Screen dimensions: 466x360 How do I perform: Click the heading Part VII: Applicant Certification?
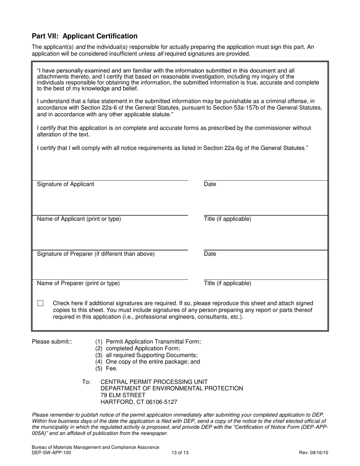[85, 36]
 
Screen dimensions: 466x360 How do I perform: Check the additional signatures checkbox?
[41, 303]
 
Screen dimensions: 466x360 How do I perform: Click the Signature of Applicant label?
[66, 184]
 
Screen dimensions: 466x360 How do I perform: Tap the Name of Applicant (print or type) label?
[79, 219]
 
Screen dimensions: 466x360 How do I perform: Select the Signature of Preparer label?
[95, 254]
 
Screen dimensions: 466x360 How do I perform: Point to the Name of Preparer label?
[78, 283]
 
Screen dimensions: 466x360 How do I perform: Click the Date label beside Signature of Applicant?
[210, 184]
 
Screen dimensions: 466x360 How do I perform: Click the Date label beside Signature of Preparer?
[210, 254]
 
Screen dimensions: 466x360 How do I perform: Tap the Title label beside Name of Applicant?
[227, 219]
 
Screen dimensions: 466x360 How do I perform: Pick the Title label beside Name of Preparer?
[227, 283]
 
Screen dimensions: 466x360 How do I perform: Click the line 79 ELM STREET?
[123, 395]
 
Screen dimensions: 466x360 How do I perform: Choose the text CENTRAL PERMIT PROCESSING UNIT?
[154, 382]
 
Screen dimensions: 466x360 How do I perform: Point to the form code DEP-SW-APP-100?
[51, 452]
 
